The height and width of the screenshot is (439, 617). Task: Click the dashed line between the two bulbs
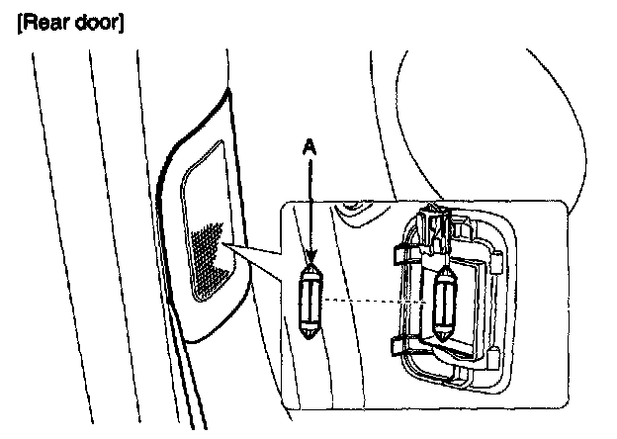(x=376, y=299)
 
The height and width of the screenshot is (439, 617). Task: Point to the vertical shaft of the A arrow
(x=310, y=208)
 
